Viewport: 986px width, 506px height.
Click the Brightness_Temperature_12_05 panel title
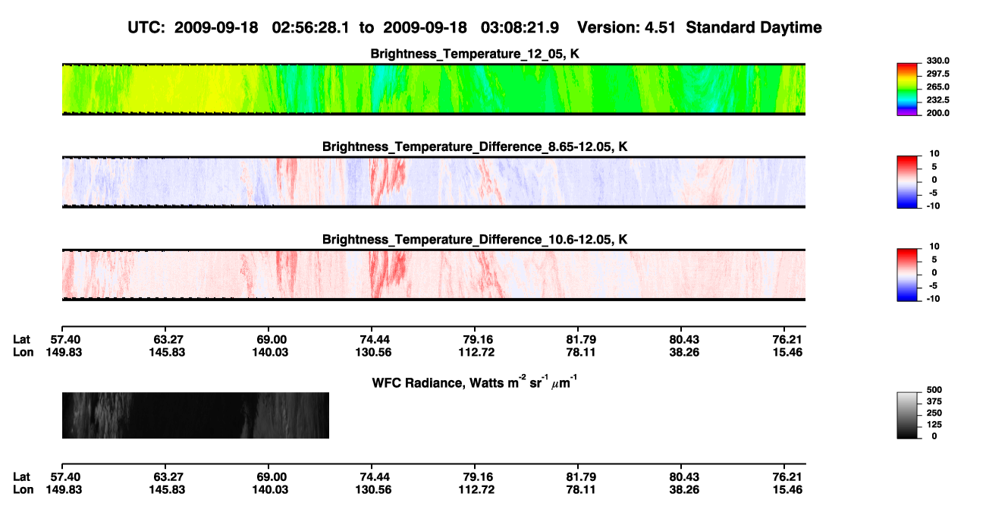pyautogui.click(x=475, y=54)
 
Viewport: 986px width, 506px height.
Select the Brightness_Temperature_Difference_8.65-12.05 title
pyautogui.click(x=475, y=146)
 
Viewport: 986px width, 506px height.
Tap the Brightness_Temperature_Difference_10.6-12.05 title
pyautogui.click(x=475, y=240)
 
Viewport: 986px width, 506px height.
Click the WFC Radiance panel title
pyautogui.click(x=475, y=382)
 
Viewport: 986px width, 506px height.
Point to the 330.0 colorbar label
pyautogui.click(x=937, y=61)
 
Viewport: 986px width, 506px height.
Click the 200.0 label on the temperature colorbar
pyautogui.click(x=937, y=113)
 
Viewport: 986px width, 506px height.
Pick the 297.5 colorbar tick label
pyautogui.click(x=937, y=74)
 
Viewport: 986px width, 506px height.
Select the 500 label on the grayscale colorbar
pyautogui.click(x=934, y=390)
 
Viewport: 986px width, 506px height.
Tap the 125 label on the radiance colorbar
pyautogui.click(x=934, y=425)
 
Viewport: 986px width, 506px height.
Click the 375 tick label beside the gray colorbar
pyautogui.click(x=934, y=401)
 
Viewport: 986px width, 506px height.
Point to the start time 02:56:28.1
pyautogui.click(x=310, y=28)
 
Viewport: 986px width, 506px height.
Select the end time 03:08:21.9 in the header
pyautogui.click(x=520, y=28)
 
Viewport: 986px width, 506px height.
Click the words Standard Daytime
pyautogui.click(x=754, y=28)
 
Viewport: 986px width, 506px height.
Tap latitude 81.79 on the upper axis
pyautogui.click(x=581, y=340)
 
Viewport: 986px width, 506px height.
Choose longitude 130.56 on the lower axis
pyautogui.click(x=373, y=490)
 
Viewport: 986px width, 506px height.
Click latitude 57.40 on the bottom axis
pyautogui.click(x=65, y=477)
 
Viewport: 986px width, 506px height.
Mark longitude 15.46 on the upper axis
pyautogui.click(x=787, y=352)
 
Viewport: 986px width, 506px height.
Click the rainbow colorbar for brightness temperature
pyautogui.click(x=907, y=90)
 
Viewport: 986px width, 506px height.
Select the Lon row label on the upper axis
pyautogui.click(x=24, y=352)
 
